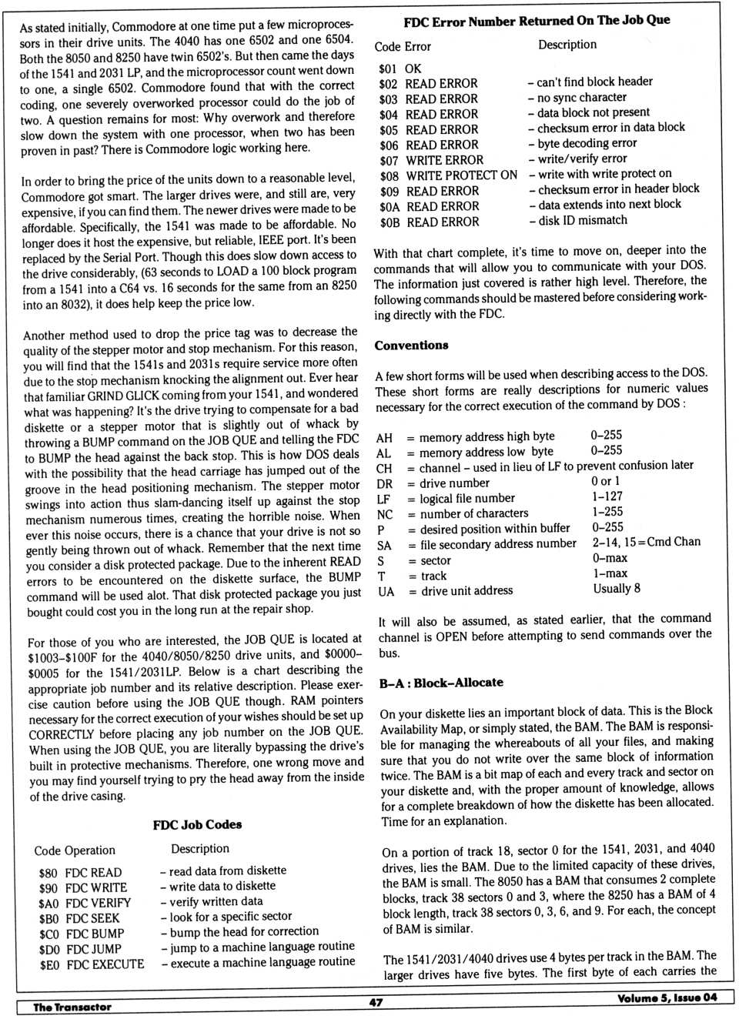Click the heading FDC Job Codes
(197, 824)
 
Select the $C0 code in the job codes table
(49, 934)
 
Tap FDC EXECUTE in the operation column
(105, 964)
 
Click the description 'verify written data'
(216, 901)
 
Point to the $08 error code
(389, 175)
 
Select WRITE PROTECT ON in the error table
(462, 175)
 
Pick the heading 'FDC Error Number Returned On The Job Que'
(537, 21)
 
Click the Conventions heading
(411, 346)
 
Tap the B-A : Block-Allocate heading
(441, 683)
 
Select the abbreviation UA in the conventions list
(386, 591)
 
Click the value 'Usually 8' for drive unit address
(617, 588)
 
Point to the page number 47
(376, 1002)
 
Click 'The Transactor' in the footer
(72, 1007)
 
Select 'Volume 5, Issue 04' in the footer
(667, 998)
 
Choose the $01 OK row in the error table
(400, 68)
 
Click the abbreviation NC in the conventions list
(385, 514)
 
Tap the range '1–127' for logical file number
(607, 496)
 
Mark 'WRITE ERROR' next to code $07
(445, 160)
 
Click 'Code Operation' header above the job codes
(75, 850)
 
